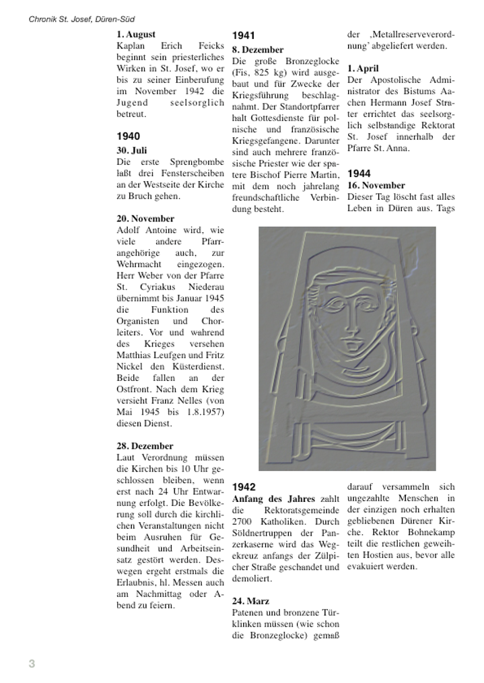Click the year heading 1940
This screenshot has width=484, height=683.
pyautogui.click(x=128, y=137)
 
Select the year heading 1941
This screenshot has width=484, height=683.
pyautogui.click(x=244, y=36)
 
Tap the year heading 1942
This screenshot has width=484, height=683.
pyautogui.click(x=244, y=487)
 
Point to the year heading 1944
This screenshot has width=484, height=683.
pyautogui.click(x=359, y=174)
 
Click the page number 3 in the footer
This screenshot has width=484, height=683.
pyautogui.click(x=32, y=664)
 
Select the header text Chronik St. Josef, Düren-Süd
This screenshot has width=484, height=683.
pyautogui.click(x=81, y=20)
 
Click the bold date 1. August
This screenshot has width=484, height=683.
pyautogui.click(x=136, y=34)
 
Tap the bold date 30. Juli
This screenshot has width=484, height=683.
pyautogui.click(x=131, y=151)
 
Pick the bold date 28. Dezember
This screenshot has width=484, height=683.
pyautogui.click(x=145, y=446)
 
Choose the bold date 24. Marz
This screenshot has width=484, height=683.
pyautogui.click(x=250, y=601)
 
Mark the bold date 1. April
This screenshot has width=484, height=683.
pyautogui.click(x=363, y=69)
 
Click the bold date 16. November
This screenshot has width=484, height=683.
pyautogui.click(x=376, y=186)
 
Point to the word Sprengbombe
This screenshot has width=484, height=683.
pyautogui.click(x=199, y=162)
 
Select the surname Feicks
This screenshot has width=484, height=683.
pyautogui.click(x=211, y=46)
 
